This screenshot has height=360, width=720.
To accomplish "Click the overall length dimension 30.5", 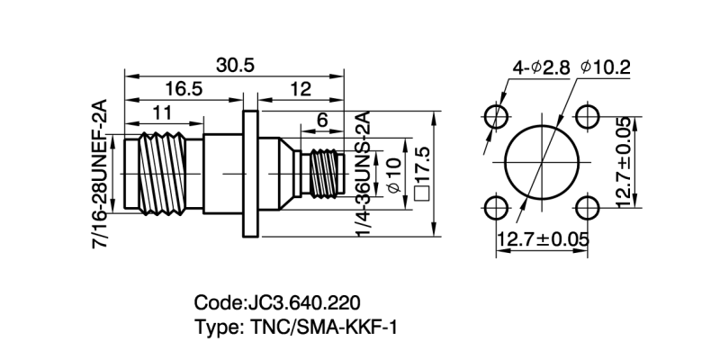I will click(x=235, y=66).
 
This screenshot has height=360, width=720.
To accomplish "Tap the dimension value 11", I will click(x=162, y=113).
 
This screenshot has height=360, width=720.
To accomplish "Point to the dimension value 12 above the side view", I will click(x=301, y=88).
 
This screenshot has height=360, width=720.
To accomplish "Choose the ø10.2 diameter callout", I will click(x=606, y=67).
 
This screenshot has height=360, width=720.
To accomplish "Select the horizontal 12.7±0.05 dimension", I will click(x=542, y=239).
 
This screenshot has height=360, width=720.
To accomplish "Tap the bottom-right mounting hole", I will click(x=587, y=209).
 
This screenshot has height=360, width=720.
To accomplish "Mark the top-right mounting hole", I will click(x=587, y=117).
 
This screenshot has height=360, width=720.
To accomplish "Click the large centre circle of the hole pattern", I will click(x=541, y=163).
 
